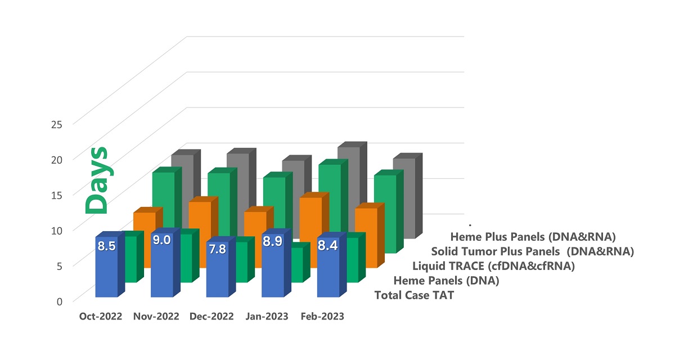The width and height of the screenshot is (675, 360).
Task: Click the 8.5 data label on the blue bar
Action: point(106,246)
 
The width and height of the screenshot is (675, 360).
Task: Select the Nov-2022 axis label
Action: point(156,317)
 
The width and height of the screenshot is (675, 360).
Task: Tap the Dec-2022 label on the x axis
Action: point(211,317)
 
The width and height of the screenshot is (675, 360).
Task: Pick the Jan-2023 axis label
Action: point(267,317)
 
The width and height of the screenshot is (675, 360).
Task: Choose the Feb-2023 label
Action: point(322,317)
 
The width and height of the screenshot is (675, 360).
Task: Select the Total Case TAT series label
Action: point(414,295)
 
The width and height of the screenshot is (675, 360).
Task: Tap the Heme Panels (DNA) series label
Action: point(446,280)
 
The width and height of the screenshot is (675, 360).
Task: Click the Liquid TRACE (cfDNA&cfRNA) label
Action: point(493,265)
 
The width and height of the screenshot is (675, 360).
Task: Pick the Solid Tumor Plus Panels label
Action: point(533,251)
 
